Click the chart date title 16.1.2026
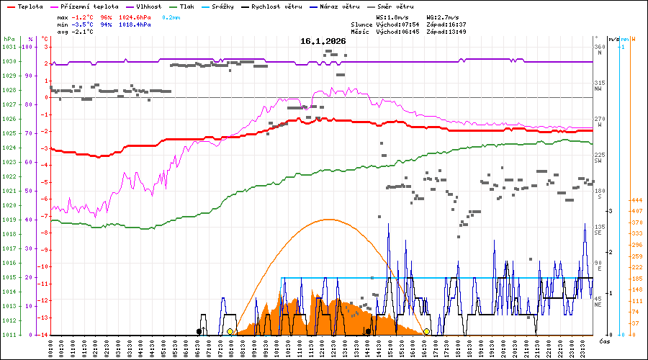323,41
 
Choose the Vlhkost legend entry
146,6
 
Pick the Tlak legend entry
190,6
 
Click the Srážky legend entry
232,6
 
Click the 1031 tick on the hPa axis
9,47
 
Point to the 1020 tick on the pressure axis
9,205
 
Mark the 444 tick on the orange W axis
636,200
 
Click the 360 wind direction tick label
598,47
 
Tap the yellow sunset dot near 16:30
427,331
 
